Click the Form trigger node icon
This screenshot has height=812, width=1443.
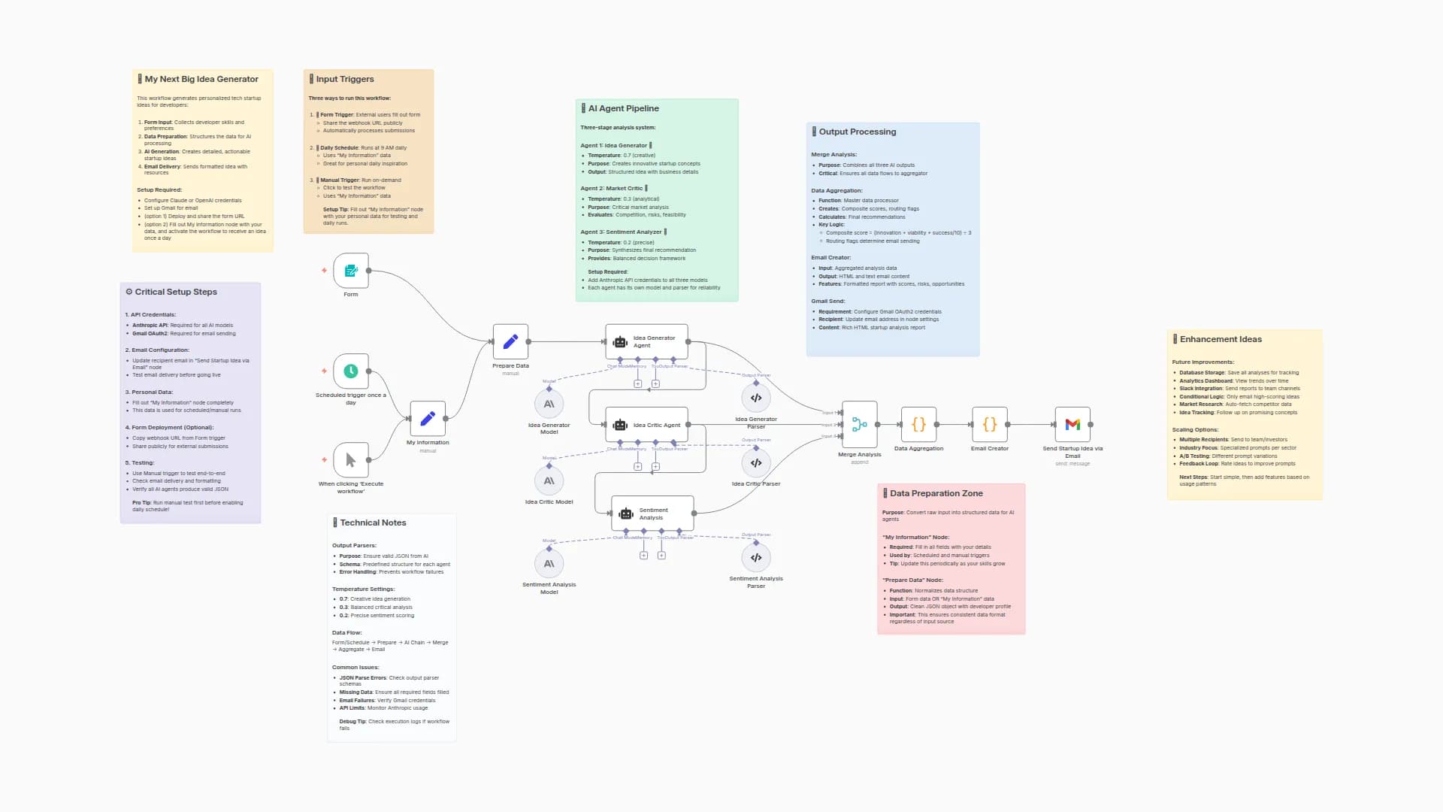[x=351, y=271]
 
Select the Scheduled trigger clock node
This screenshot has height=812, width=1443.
[x=351, y=371]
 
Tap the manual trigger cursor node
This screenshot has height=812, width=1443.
[x=351, y=460]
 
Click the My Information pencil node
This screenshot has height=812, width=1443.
[x=428, y=419]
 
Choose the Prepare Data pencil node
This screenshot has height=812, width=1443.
[x=510, y=342]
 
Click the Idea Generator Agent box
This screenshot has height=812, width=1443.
[x=646, y=342]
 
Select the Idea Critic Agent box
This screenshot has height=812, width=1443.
[x=646, y=425]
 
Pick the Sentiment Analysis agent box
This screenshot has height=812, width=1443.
[x=652, y=514]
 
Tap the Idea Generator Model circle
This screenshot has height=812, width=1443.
[x=549, y=404]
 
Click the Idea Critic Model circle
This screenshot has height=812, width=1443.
[x=549, y=480]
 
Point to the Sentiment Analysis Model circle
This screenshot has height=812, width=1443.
[x=549, y=563]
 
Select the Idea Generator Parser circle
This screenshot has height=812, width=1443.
[x=756, y=398]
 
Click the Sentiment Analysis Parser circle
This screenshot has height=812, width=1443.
[x=756, y=557]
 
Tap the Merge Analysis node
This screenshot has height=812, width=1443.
[x=860, y=425]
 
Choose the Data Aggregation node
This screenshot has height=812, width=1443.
[x=918, y=425]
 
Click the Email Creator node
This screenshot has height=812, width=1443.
[x=990, y=425]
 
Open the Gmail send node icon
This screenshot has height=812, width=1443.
[x=1072, y=425]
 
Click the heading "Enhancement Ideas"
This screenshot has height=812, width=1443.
[x=1221, y=339]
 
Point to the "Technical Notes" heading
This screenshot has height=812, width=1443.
[x=373, y=523]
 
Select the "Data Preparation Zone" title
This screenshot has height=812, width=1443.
[x=936, y=493]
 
